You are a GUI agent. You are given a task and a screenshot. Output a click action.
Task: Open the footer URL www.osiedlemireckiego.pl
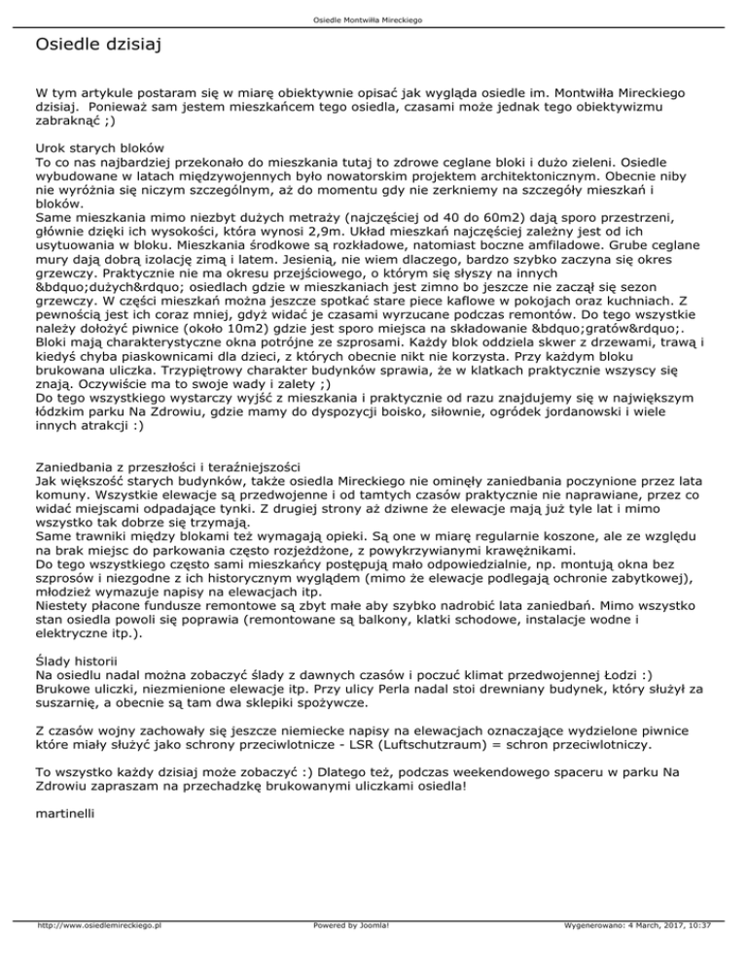[97, 952]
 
